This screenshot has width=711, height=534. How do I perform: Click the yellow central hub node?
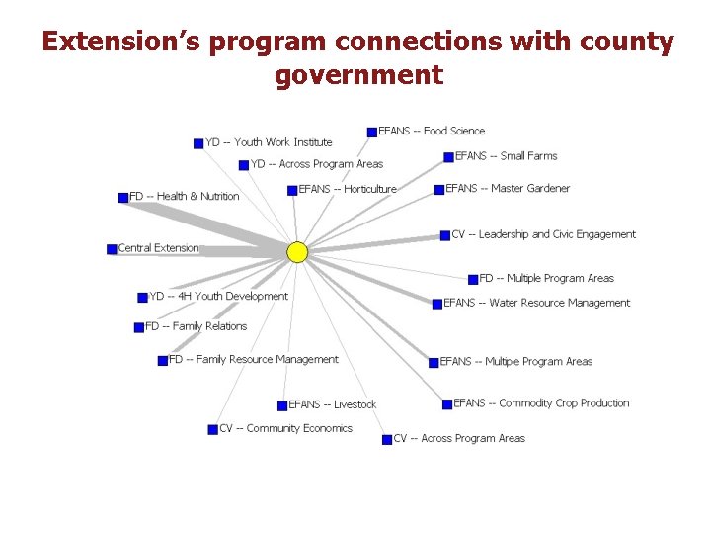297,252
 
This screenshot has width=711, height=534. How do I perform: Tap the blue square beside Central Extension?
112,249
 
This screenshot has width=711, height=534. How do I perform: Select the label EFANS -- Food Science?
432,131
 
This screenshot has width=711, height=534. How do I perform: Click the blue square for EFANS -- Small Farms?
448,157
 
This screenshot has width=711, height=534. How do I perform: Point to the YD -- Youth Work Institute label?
269,142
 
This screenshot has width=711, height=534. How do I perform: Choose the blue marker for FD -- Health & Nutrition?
123,198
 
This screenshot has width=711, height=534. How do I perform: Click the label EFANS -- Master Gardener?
508,188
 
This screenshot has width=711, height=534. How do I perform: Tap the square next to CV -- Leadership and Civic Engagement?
445,235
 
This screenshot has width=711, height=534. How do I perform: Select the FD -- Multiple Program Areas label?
546,278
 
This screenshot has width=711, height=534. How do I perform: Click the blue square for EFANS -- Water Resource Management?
437,304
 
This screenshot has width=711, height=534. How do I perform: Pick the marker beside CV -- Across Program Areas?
387,440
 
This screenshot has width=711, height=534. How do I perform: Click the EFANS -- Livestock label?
333,404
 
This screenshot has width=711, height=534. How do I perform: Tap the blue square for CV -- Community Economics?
212,429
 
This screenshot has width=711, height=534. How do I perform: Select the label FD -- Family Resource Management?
253,359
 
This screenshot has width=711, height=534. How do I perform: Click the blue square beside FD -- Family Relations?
139,327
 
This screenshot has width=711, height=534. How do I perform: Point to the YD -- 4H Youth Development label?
218,296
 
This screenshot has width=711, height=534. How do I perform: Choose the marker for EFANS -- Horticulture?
292,191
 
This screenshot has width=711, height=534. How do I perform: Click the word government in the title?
358,75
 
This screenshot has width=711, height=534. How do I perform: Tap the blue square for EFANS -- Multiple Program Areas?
434,363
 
